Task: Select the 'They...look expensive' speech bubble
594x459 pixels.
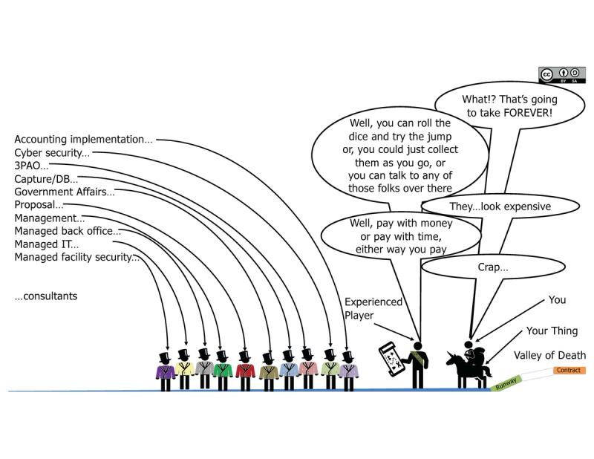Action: pyautogui.click(x=500, y=206)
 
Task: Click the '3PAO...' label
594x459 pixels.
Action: pyautogui.click(x=32, y=166)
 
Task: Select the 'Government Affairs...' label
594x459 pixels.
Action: pyautogui.click(x=65, y=192)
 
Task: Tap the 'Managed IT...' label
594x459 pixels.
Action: pyautogui.click(x=46, y=244)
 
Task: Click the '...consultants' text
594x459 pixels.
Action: pyautogui.click(x=46, y=296)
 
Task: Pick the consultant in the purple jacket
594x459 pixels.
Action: pyautogui.click(x=165, y=370)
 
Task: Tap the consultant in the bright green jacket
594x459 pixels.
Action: pyautogui.click(x=221, y=370)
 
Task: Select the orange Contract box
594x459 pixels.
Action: pyautogui.click(x=569, y=370)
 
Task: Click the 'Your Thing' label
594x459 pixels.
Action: pyautogui.click(x=552, y=331)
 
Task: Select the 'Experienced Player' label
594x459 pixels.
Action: pyautogui.click(x=373, y=308)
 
